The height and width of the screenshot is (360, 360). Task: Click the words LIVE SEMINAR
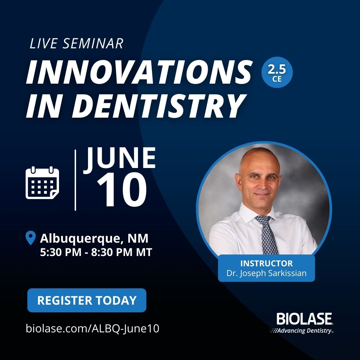(76, 44)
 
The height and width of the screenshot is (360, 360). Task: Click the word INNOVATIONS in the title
(139, 73)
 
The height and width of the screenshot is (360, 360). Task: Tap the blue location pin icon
(31, 238)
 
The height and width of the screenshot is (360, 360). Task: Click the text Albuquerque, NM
(94, 239)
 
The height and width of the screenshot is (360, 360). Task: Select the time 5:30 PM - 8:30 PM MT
(96, 252)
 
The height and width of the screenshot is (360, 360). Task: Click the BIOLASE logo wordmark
(304, 319)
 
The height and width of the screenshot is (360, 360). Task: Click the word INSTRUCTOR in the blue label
(266, 263)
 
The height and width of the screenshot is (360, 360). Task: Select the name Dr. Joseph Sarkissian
(266, 274)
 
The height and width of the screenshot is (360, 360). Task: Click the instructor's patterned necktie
(267, 233)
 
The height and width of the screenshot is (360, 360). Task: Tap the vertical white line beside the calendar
(75, 180)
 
